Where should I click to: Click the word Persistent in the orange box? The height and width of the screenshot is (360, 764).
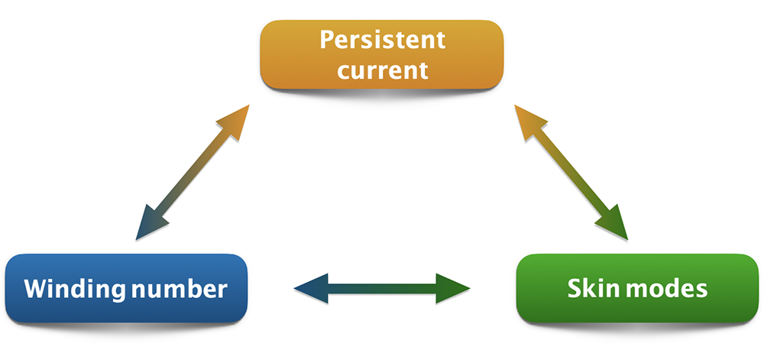point(382,39)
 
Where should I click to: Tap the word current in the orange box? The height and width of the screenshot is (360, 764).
point(382,70)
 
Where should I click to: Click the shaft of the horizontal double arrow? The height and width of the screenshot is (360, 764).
point(382,287)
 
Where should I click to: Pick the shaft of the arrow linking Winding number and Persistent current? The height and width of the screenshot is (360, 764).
point(191,171)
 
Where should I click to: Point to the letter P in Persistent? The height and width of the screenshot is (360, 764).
point(327,39)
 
